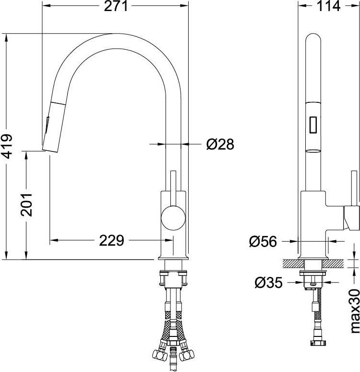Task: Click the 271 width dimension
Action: coord(116,6)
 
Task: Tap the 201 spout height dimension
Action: coord(26,205)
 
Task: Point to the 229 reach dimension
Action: coord(111,240)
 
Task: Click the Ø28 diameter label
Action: coord(220,144)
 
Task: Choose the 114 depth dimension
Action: coord(328,6)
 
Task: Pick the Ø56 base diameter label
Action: coord(263,242)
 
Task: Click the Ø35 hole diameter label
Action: coord(268,282)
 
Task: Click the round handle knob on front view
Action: coord(173,218)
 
